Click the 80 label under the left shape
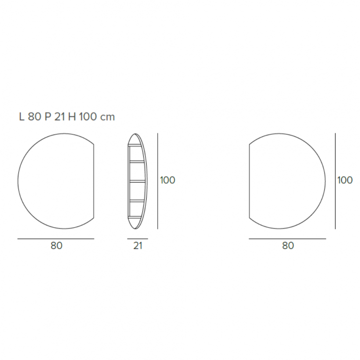56,246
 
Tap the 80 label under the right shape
288,246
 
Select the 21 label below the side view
138,246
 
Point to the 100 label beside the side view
168,180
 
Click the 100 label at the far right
345,180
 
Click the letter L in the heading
22,117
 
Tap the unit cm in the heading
108,117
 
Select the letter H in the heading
72,117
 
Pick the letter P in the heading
48,117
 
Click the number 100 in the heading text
88,117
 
